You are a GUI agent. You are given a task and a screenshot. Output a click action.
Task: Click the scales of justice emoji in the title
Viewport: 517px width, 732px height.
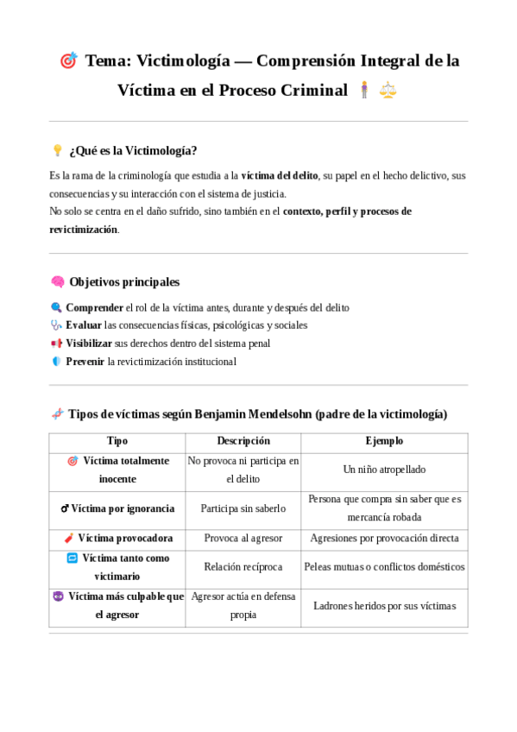388,90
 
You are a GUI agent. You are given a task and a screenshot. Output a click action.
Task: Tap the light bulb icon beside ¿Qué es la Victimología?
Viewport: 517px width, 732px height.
58,150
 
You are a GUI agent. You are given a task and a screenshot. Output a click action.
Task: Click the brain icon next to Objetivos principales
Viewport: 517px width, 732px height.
58,281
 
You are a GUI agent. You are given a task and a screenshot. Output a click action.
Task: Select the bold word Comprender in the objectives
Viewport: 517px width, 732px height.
94,307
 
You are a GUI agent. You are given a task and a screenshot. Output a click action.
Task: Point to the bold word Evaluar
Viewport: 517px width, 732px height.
84,325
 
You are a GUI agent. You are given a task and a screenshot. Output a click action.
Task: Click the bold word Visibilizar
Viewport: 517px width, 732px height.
89,344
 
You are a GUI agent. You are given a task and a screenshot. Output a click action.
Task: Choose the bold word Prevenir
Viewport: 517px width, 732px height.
85,362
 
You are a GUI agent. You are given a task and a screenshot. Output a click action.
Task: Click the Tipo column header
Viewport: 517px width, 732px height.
117,441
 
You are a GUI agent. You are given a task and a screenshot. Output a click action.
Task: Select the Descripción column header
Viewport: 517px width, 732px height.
243,441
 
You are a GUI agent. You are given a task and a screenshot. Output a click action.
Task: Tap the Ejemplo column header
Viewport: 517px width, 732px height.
384,441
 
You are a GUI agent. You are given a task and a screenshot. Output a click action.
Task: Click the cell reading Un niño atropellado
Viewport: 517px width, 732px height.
384,470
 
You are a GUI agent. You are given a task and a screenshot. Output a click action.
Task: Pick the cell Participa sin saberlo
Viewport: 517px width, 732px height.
243,508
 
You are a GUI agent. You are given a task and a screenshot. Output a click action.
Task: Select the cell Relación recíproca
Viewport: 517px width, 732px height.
243,567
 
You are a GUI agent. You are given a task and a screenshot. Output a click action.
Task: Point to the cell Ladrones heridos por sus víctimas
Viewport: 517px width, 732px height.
384,606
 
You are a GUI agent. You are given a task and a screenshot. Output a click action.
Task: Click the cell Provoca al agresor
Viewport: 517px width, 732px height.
243,539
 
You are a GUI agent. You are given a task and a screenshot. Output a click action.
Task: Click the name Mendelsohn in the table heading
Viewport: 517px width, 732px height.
274,414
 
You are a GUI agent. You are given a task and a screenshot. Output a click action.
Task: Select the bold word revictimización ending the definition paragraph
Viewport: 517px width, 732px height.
83,230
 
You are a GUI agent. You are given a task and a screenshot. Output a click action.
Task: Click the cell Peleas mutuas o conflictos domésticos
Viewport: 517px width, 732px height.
384,567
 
